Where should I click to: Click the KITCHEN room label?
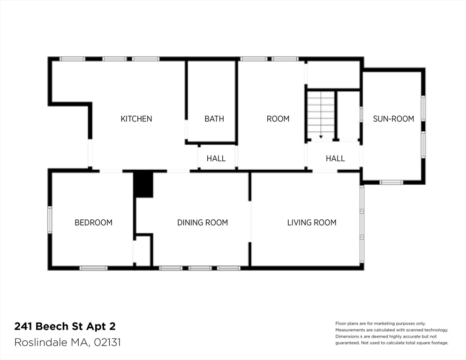pyautogui.click(x=136, y=119)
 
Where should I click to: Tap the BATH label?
pyautogui.click(x=214, y=119)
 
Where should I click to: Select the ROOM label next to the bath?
pyautogui.click(x=278, y=119)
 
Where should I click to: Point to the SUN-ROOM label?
pyautogui.click(x=393, y=119)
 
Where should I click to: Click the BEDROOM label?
pyautogui.click(x=93, y=222)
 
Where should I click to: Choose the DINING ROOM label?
pyautogui.click(x=203, y=222)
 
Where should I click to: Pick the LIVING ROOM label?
pyautogui.click(x=312, y=222)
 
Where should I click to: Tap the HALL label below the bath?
pyautogui.click(x=216, y=158)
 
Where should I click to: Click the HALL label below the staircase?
pyautogui.click(x=335, y=158)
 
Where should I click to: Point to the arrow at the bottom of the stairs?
pyautogui.click(x=321, y=136)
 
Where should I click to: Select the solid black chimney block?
pyautogui.click(x=143, y=184)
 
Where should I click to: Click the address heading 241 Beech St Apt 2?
pyautogui.click(x=65, y=326)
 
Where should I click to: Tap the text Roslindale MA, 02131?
pyautogui.click(x=68, y=342)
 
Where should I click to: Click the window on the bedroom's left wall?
pyautogui.click(x=49, y=219)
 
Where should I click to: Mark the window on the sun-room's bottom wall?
pyautogui.click(x=391, y=182)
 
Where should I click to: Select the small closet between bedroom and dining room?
pyautogui.click(x=143, y=250)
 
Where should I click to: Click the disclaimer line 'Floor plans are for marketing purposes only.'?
pyautogui.click(x=380, y=323)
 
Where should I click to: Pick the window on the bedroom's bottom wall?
pyautogui.click(x=93, y=268)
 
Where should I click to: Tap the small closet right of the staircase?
pyautogui.click(x=348, y=115)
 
